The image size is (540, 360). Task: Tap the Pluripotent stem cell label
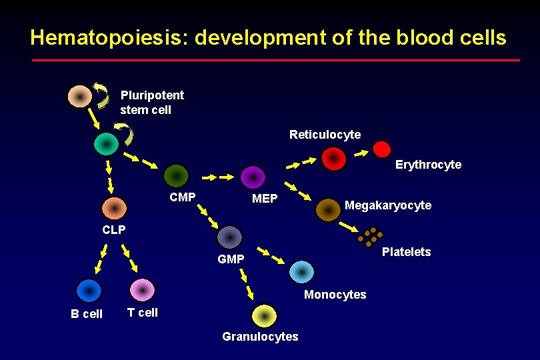(152, 102)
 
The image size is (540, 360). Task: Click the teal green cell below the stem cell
(106, 143)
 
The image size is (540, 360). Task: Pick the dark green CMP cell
(177, 176)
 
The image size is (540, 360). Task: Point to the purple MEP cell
(253, 177)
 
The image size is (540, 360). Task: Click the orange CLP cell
(114, 209)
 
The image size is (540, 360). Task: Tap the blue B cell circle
(88, 291)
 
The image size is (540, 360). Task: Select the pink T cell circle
(142, 291)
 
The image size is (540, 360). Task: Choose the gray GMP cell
(230, 237)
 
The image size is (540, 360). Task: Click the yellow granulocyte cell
(265, 316)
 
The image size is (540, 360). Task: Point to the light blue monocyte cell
(302, 272)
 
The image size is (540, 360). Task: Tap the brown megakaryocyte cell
(328, 210)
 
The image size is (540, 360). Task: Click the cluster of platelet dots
(370, 237)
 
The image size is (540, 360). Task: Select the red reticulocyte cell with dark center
(333, 159)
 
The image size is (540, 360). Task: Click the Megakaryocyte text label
(387, 205)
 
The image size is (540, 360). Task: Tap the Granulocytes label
(260, 337)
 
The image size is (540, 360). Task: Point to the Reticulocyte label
(325, 135)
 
